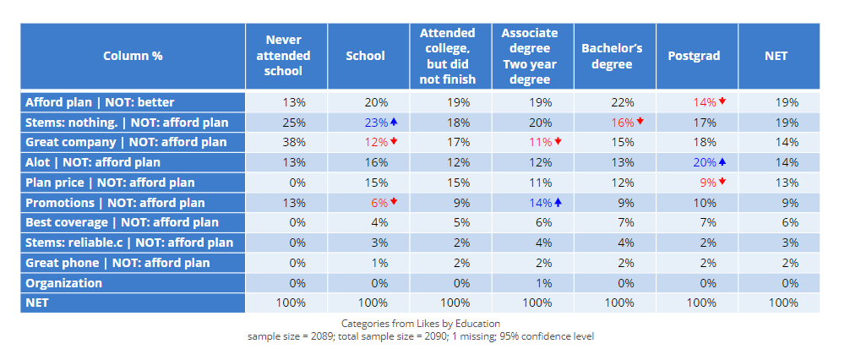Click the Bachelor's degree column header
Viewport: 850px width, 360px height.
(x=612, y=56)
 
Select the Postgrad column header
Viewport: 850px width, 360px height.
(x=694, y=56)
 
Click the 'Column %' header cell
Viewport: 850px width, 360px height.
(x=133, y=56)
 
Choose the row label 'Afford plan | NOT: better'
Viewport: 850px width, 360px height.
(x=100, y=102)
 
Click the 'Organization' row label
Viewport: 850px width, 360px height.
(x=63, y=283)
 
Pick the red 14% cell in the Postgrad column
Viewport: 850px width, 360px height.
(x=705, y=102)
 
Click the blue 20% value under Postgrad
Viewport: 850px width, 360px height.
(x=705, y=162)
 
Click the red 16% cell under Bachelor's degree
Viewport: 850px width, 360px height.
(x=623, y=123)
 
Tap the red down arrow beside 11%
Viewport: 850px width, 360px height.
(x=558, y=141)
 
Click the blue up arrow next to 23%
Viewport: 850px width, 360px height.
(x=394, y=122)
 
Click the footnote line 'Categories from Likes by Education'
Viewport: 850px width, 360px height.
(x=421, y=324)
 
